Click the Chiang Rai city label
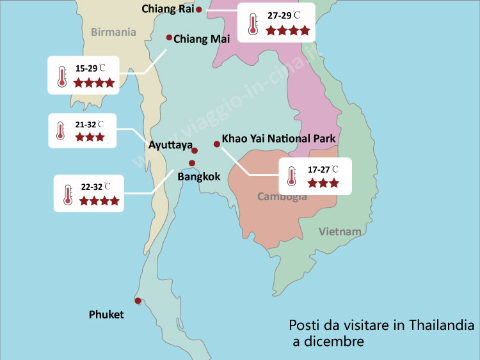168,9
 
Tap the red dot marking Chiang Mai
169,38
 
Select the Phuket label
106,315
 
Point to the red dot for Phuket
138,301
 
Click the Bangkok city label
199,176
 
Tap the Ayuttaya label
170,145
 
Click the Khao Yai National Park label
278,138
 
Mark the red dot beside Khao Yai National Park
216,145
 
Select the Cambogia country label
282,196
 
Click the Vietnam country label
340,231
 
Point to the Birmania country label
114,32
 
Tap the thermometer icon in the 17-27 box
292,176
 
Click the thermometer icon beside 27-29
252,23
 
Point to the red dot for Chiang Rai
199,10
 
